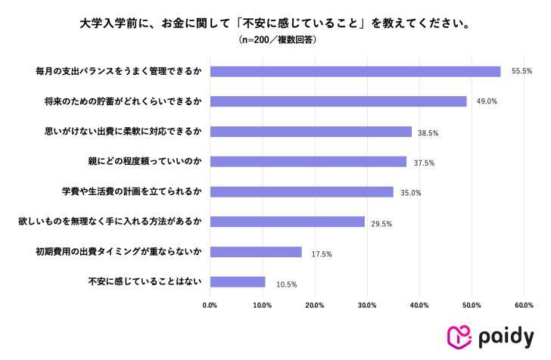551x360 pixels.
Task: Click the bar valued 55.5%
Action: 355,71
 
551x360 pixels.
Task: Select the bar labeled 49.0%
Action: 338,101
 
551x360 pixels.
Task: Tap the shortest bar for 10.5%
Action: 238,282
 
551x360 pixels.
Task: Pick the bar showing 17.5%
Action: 256,252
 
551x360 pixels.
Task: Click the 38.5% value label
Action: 428,132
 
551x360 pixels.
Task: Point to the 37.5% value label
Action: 422,163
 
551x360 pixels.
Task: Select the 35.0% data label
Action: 409,193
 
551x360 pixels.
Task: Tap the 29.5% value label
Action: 381,223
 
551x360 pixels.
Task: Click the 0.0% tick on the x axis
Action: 210,305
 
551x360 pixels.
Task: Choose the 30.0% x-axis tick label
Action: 367,305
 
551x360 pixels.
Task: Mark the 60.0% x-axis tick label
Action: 524,305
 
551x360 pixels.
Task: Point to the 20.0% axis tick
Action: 315,305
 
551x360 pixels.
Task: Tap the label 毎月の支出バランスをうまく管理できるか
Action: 118,71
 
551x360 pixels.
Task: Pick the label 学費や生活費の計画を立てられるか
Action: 130,191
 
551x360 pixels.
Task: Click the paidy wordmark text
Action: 506,337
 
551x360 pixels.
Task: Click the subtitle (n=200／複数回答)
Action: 275,39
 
